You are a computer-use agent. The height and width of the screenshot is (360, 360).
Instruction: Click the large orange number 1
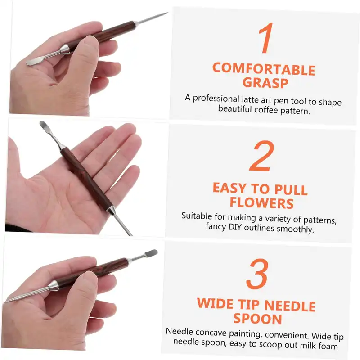[x=266, y=38]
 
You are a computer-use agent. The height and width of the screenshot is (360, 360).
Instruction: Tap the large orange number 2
[x=262, y=156]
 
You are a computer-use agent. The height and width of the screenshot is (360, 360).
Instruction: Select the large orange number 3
[x=257, y=274]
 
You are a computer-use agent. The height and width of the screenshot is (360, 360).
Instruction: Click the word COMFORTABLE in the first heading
[x=264, y=69]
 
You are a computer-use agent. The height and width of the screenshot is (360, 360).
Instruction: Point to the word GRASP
[x=265, y=83]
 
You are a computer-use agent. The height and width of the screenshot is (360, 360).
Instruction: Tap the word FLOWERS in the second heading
[x=262, y=203]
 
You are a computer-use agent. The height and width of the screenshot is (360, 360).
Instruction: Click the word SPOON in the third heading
[x=257, y=319]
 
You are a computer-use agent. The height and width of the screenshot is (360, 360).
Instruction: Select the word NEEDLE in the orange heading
[x=290, y=306]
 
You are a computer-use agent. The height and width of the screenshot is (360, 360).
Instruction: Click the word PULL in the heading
[x=291, y=190]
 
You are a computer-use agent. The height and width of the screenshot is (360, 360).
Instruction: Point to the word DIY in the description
[x=235, y=227]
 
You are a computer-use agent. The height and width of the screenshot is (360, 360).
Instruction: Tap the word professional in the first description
[x=216, y=99]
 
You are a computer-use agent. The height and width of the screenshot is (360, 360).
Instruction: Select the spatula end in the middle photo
[x=44, y=126]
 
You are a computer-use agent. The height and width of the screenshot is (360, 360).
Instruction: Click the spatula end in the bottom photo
[x=152, y=253]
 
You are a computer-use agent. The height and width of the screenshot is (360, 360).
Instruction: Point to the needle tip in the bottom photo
[x=5, y=301]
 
